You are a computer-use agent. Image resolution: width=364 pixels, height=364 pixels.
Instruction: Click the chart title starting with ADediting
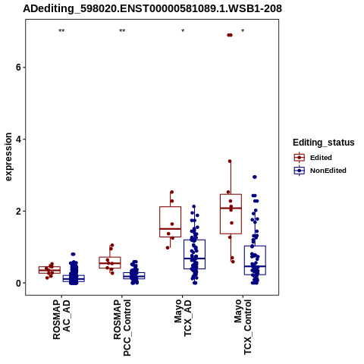pyautogui.click(x=152, y=8)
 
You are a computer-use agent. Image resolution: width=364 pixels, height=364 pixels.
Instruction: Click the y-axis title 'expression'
pyautogui.click(x=8, y=157)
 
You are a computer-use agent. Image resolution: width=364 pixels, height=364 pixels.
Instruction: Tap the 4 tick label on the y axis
pyautogui.click(x=18, y=140)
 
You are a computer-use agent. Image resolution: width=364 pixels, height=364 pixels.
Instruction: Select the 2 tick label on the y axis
pyautogui.click(x=18, y=211)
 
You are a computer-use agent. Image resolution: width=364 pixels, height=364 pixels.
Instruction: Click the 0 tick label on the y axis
pyautogui.click(x=18, y=283)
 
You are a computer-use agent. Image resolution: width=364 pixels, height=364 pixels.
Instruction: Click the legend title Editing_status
pyautogui.click(x=324, y=143)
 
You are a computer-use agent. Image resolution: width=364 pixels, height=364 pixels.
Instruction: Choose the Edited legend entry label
pyautogui.click(x=321, y=158)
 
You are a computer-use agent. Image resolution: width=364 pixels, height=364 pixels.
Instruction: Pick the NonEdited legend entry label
pyautogui.click(x=328, y=171)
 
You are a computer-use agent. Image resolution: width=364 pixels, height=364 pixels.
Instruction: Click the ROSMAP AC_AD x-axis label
pyautogui.click(x=61, y=319)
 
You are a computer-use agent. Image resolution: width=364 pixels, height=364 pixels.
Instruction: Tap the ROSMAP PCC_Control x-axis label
pyautogui.click(x=122, y=328)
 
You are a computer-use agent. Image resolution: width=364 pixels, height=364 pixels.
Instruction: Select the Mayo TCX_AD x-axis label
pyautogui.click(x=183, y=318)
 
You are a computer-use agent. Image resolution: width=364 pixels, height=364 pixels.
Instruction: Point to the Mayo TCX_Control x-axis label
pyautogui.click(x=243, y=327)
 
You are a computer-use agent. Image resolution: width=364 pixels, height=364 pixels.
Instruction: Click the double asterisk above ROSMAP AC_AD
pyautogui.click(x=61, y=31)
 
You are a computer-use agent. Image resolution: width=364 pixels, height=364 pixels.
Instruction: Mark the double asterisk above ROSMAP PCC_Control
pyautogui.click(x=122, y=31)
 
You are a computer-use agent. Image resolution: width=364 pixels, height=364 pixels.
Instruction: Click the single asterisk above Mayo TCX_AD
pyautogui.click(x=183, y=31)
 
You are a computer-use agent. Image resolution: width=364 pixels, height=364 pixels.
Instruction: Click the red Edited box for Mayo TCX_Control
pyautogui.click(x=231, y=194)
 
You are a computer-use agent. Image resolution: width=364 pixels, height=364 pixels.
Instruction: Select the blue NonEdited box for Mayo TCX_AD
pyautogui.click(x=194, y=240)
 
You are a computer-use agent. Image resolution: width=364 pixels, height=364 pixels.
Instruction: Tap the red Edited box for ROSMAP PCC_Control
pyautogui.click(x=110, y=257)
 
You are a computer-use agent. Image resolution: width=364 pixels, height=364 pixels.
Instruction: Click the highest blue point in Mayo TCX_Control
pyautogui.click(x=255, y=177)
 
